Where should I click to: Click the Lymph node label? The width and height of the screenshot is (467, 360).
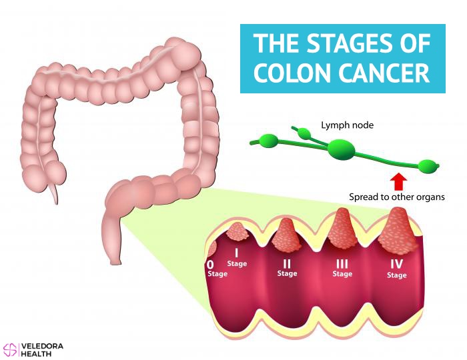(x=347, y=125)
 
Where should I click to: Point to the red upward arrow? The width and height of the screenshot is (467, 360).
(x=398, y=182)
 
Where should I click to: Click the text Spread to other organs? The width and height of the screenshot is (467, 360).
(x=397, y=197)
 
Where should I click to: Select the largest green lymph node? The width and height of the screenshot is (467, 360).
(x=342, y=148)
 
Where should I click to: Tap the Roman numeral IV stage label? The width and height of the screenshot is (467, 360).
(x=397, y=264)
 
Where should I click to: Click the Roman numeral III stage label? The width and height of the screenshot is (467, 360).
(x=342, y=263)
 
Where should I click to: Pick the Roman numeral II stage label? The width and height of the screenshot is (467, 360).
(x=287, y=263)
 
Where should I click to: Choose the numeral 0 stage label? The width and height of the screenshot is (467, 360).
(x=210, y=265)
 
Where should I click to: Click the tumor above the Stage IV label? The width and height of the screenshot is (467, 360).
(x=398, y=230)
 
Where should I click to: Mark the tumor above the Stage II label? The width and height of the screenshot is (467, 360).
(x=286, y=235)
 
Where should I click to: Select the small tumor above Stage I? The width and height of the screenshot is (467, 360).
(x=238, y=231)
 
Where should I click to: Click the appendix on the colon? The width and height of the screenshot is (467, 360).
(x=54, y=194)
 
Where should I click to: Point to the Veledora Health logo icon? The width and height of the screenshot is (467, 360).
(x=10, y=349)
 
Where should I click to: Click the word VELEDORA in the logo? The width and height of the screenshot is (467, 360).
(x=42, y=346)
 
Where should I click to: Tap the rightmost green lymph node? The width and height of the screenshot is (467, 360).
(x=428, y=166)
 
